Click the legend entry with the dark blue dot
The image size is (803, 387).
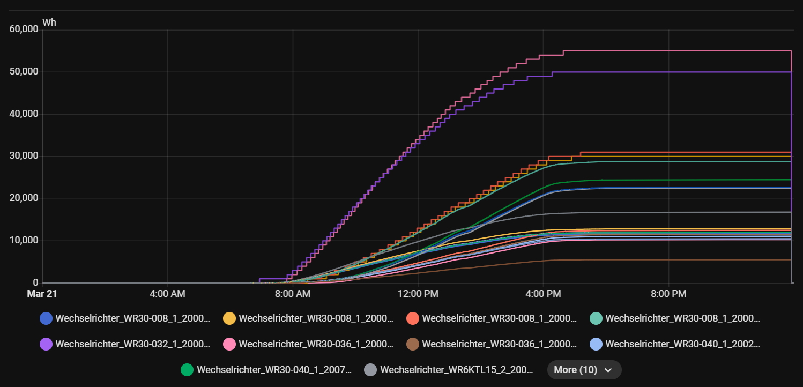pos(126,318)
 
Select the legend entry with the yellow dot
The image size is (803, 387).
pos(309,318)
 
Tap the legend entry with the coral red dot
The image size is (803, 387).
pos(493,318)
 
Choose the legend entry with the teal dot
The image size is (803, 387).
pos(676,318)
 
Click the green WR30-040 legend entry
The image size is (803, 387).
pos(267,370)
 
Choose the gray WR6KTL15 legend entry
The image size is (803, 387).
pos(450,370)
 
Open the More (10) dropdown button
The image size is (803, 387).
pos(584,370)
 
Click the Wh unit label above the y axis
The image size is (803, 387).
pos(49,23)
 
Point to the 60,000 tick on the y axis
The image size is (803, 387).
pos(24,29)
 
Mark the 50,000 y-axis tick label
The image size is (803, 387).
pos(24,72)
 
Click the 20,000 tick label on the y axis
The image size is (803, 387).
pos(24,198)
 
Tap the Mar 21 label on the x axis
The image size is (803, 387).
pos(42,294)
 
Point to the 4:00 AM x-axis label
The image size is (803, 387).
pos(167,294)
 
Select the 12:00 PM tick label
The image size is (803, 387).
pos(418,294)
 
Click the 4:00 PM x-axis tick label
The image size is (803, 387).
pos(543,294)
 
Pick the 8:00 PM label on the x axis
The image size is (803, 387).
pos(668,294)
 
